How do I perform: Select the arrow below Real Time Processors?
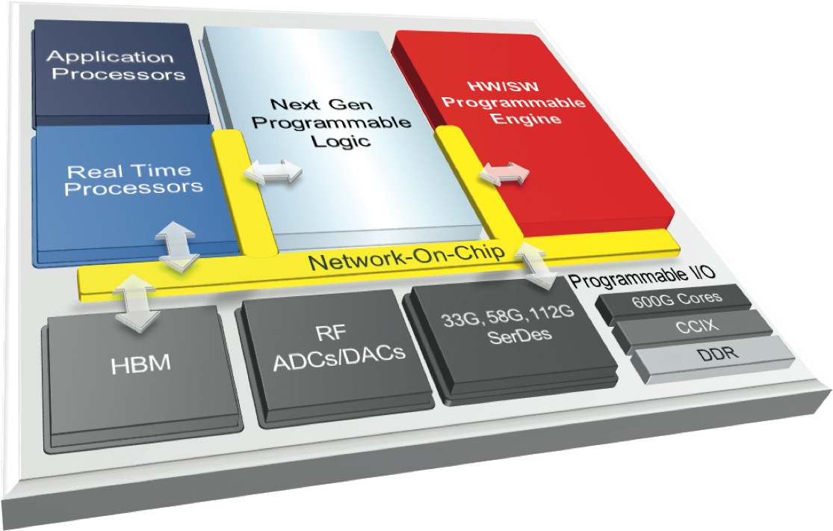pos(177,246)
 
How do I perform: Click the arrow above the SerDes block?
pos(533,266)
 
